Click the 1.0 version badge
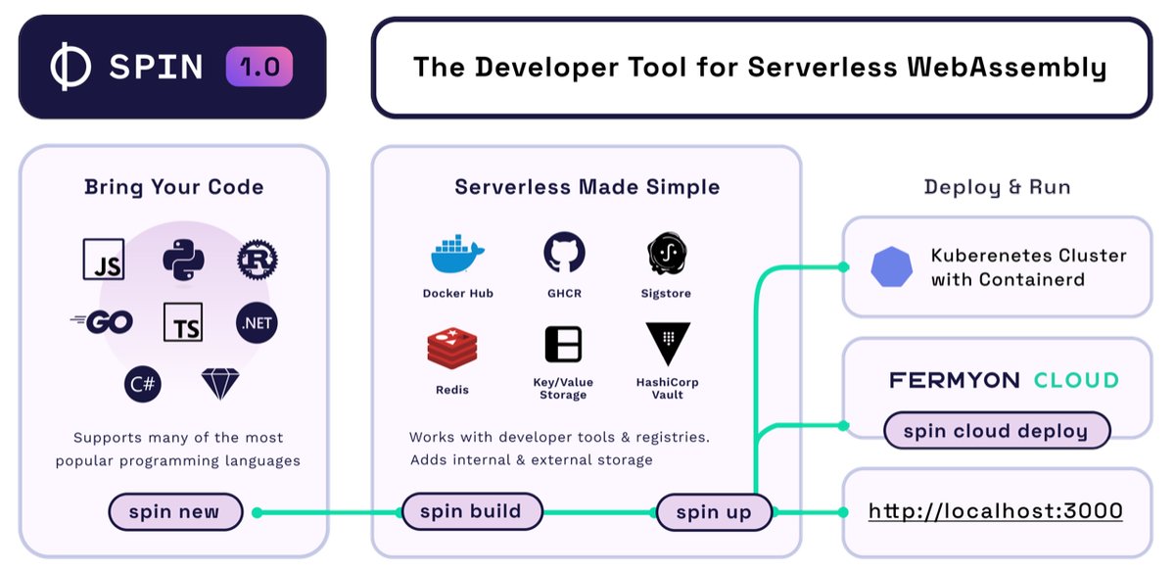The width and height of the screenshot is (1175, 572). pyautogui.click(x=259, y=67)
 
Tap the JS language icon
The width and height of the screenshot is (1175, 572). pyautogui.click(x=103, y=260)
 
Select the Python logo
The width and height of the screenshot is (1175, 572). pyautogui.click(x=182, y=259)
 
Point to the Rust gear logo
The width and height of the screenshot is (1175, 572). pyautogui.click(x=258, y=260)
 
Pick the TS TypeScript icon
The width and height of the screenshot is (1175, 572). pyautogui.click(x=182, y=321)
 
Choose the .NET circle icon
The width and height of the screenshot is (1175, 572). pyautogui.click(x=257, y=322)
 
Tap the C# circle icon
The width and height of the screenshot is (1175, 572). pyautogui.click(x=143, y=384)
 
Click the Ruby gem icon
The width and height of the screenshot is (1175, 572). pyautogui.click(x=219, y=384)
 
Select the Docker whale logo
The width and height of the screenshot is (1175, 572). pyautogui.click(x=457, y=255)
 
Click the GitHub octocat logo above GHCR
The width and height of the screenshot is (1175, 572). pyautogui.click(x=564, y=253)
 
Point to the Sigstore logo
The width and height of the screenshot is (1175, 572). pyautogui.click(x=667, y=254)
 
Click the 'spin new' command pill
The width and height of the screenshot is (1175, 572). pyautogui.click(x=174, y=511)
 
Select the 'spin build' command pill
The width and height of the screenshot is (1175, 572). pyautogui.click(x=469, y=511)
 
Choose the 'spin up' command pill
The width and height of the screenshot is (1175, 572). pyautogui.click(x=714, y=512)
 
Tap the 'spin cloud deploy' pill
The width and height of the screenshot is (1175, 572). pyautogui.click(x=996, y=431)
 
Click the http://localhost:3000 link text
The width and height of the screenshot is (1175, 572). pyautogui.click(x=995, y=511)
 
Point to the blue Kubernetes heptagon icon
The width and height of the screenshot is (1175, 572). pyautogui.click(x=891, y=267)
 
